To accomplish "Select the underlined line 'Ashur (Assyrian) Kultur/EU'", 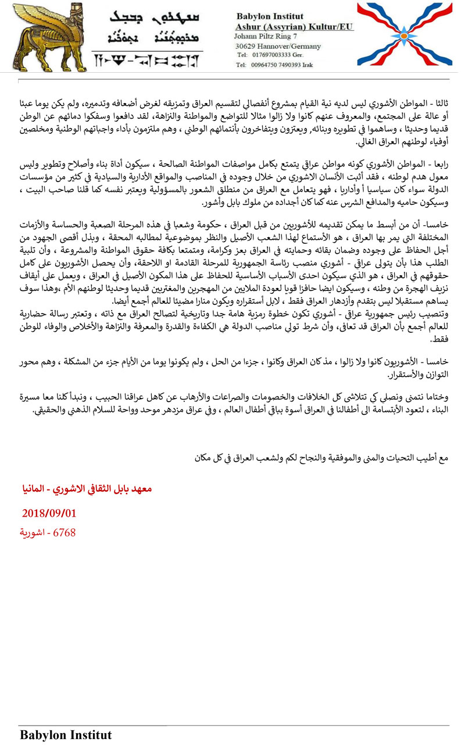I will [x=294, y=27].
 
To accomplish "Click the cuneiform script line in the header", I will [x=148, y=59].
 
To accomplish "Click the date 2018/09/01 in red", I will [x=49, y=513].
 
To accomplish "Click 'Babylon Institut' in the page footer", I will [x=65, y=735].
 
